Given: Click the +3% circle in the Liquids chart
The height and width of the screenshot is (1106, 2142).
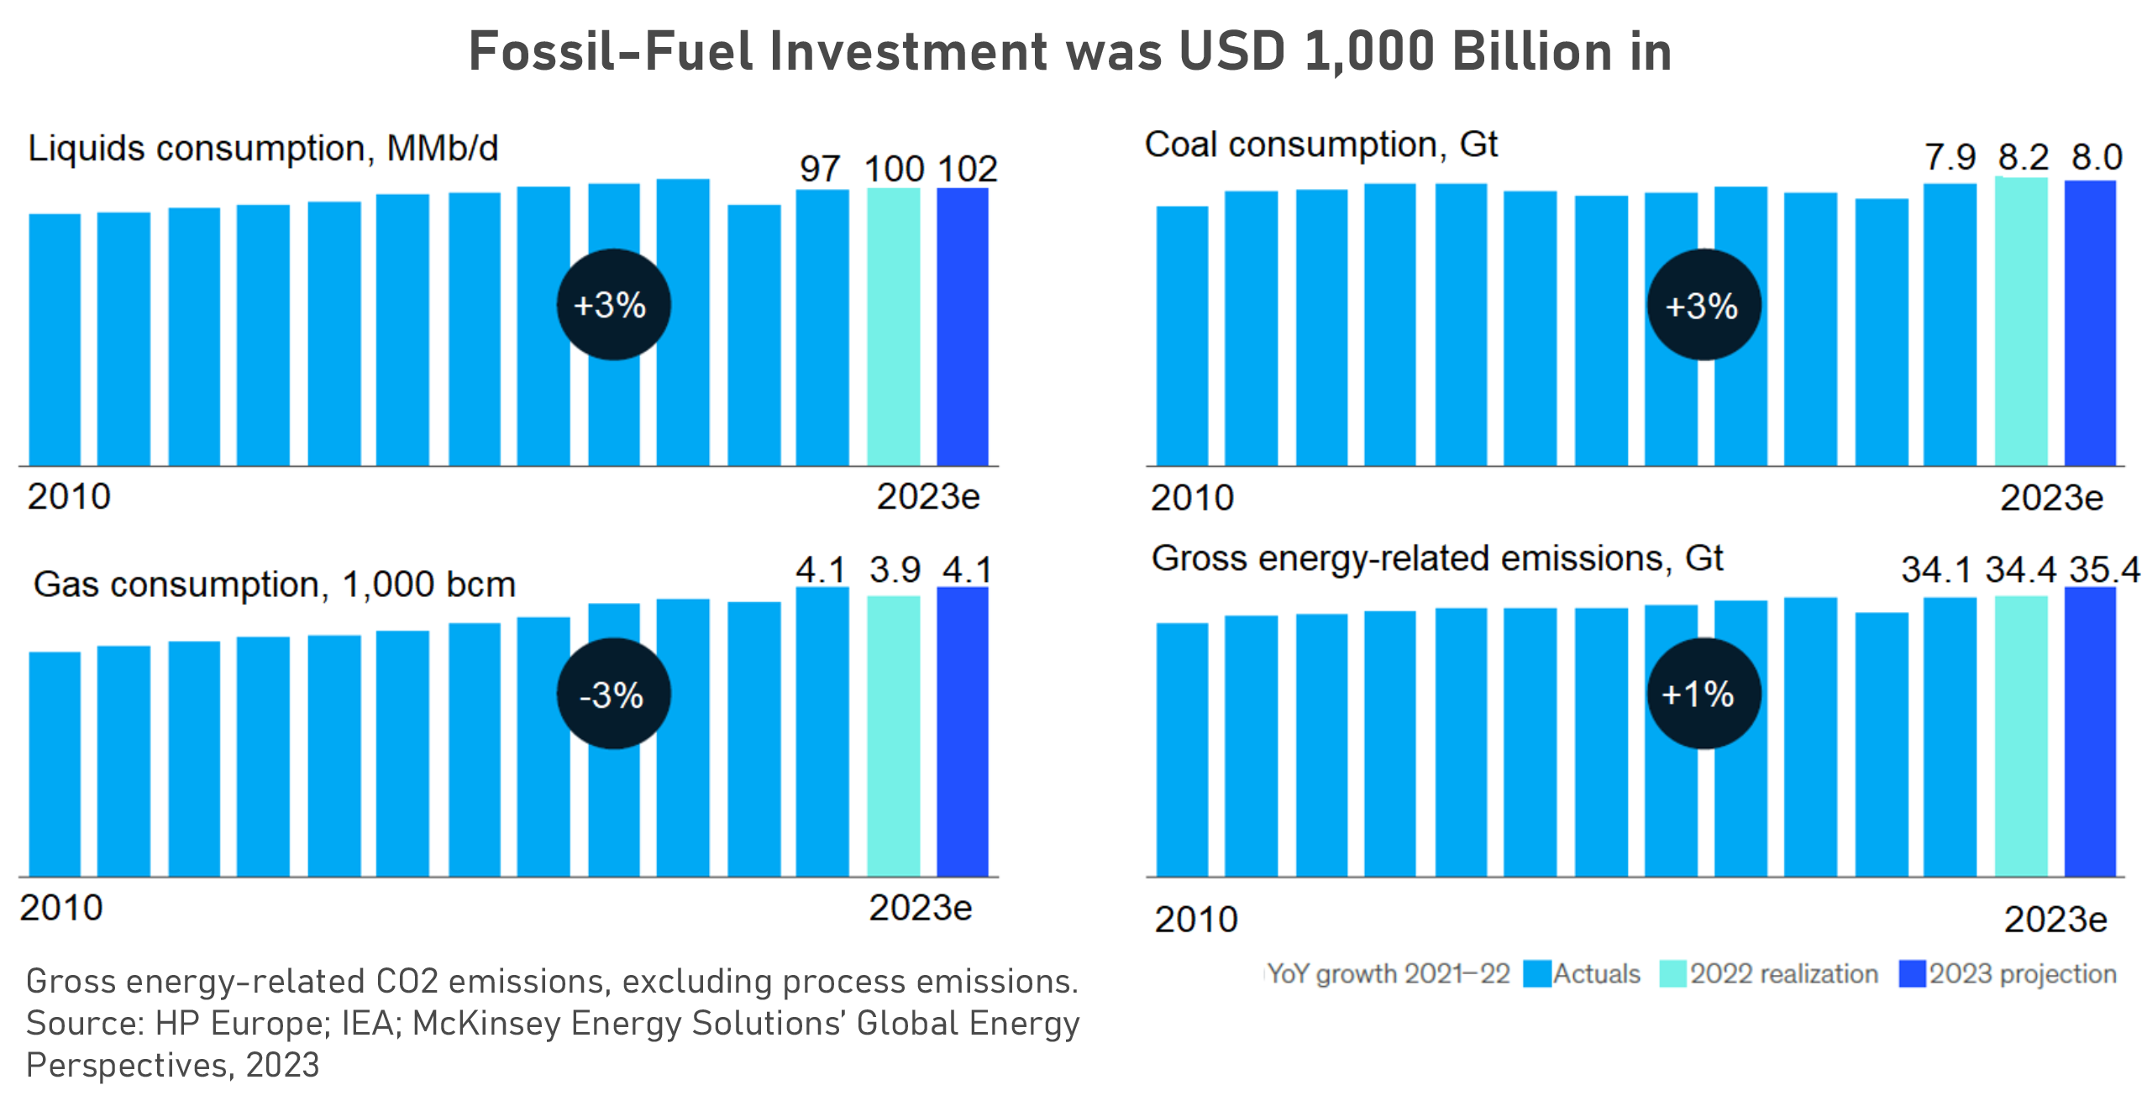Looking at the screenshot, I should point(613,304).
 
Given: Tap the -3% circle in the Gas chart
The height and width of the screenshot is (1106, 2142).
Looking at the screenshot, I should point(613,694).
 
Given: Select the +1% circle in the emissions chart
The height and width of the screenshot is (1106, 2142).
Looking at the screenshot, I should point(1703,694).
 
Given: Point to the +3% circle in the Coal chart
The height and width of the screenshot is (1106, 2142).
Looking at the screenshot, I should point(1703,305).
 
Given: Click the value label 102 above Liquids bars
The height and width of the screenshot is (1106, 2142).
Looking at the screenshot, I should point(967,169).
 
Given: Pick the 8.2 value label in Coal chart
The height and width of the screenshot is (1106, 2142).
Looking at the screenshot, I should point(2023,157).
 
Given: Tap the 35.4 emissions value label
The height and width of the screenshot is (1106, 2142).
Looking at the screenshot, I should point(2103,569).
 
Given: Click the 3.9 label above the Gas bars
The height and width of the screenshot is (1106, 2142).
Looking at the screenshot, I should point(895,570).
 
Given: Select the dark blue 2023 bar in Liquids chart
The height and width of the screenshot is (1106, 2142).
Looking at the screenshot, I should point(963,328).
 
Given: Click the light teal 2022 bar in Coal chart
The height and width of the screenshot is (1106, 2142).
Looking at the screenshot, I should point(2021,322).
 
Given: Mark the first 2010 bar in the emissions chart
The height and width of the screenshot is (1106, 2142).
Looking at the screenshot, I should point(1182,750).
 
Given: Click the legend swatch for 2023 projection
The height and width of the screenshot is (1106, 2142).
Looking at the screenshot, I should point(1912,974).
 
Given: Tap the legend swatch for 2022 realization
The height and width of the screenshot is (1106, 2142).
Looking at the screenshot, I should point(1672,974).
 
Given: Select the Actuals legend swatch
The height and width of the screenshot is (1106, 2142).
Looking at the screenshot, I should point(1536,974).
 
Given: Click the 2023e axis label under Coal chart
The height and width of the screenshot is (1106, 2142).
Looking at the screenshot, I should point(2051,498).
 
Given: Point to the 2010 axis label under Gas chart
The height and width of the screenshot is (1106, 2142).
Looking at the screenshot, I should point(61,908).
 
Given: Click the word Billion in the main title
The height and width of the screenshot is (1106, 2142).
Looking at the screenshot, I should point(1534,52).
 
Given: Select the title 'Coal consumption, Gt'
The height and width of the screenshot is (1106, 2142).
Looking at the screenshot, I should point(1320,144).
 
